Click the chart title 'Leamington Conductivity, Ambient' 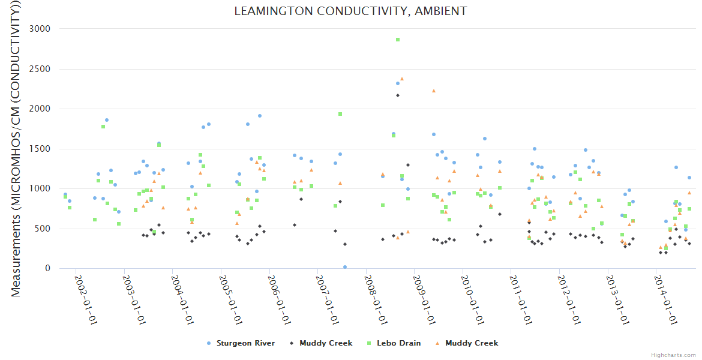point(350,11)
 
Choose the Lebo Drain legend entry point(398,343)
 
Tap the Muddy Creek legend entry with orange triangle point(472,343)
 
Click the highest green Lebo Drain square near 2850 point(397,40)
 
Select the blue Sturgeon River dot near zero point(345,267)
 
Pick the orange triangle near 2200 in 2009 point(434,91)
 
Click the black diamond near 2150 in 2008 point(397,95)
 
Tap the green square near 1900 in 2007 point(340,114)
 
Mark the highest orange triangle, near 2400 point(402,79)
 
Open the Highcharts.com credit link point(673,355)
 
